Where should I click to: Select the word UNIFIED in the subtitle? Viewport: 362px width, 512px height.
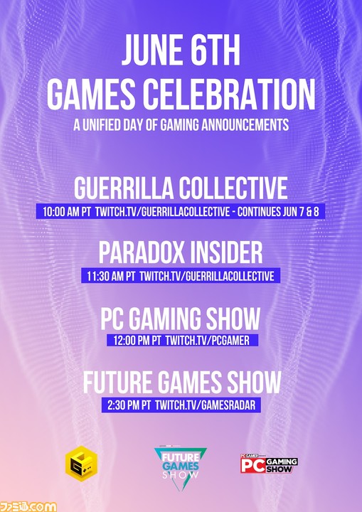click(x=105, y=124)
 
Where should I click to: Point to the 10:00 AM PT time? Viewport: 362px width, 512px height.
click(x=67, y=212)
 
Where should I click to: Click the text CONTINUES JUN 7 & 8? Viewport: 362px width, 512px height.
click(x=278, y=212)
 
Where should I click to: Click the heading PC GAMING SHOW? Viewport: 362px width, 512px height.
click(x=181, y=319)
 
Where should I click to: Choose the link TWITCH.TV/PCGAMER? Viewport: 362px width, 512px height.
click(x=208, y=341)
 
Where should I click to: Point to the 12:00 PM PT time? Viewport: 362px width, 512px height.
click(x=137, y=341)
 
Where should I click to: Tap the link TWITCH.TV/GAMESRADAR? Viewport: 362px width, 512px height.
click(x=205, y=405)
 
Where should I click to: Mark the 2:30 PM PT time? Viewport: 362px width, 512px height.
click(x=129, y=405)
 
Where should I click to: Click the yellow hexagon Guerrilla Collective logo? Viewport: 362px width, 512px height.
click(x=81, y=464)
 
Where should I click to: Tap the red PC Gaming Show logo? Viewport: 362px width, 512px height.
click(x=270, y=464)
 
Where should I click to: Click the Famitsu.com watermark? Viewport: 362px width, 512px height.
click(x=28, y=507)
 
